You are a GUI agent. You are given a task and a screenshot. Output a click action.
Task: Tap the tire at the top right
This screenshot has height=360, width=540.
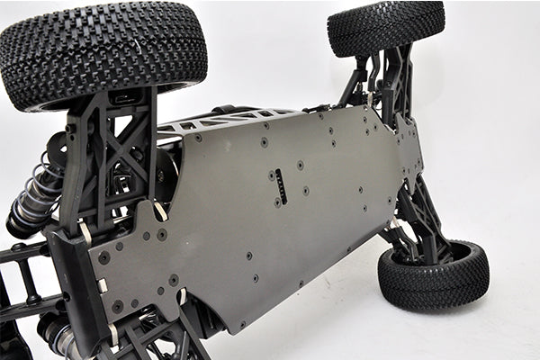385,27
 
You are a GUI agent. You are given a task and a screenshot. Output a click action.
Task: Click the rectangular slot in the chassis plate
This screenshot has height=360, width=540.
281,185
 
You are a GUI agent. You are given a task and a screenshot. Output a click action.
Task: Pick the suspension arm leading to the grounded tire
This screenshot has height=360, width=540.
419,216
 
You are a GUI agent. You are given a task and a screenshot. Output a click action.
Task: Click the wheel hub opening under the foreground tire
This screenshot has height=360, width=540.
126,96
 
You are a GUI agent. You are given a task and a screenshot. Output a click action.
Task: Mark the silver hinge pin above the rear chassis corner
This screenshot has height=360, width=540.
160,211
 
